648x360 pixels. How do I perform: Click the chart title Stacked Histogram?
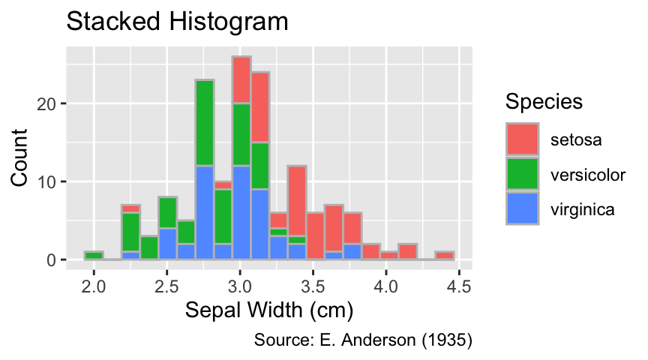tap(177, 22)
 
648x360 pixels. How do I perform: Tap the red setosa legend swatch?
tap(522, 139)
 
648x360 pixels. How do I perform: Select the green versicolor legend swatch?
tap(522, 174)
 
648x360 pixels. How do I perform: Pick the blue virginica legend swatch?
tap(522, 208)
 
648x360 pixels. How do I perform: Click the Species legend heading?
tap(544, 102)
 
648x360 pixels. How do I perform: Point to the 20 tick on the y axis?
tap(46, 103)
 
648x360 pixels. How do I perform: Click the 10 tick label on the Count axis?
tap(46, 181)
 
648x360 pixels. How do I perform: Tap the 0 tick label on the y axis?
tap(51, 260)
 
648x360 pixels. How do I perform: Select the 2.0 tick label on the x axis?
tap(94, 286)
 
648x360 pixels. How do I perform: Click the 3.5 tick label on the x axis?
tap(313, 286)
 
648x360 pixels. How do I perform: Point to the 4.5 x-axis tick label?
tap(459, 286)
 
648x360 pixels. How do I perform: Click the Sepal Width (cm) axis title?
tap(269, 310)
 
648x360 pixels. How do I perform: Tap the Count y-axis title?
tap(19, 157)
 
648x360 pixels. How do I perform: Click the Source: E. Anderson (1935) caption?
tap(363, 340)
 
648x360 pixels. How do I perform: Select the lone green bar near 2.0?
tap(94, 256)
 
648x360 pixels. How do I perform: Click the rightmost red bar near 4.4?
tap(445, 256)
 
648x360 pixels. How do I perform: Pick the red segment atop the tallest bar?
tap(241, 80)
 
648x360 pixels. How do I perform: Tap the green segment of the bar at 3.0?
tap(241, 135)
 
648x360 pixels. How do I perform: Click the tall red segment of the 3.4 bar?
tap(297, 201)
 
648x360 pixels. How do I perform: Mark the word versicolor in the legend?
tap(588, 175)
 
